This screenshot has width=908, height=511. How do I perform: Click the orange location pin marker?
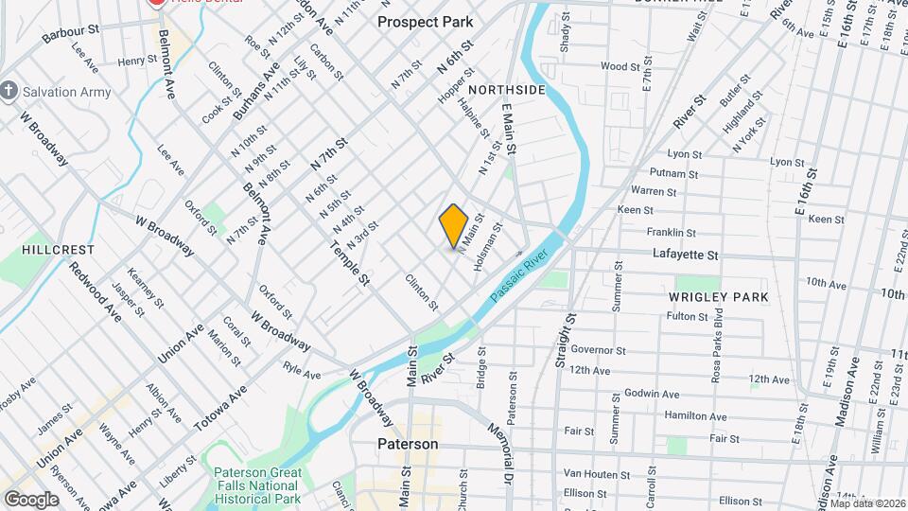454,225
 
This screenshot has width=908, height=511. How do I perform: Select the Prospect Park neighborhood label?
426,21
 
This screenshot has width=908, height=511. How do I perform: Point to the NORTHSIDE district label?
507,90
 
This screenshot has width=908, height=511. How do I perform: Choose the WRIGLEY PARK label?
719,297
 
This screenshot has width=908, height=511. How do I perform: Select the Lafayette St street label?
686,255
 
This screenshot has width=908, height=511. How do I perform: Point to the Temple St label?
350,260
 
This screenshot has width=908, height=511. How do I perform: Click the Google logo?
30,500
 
